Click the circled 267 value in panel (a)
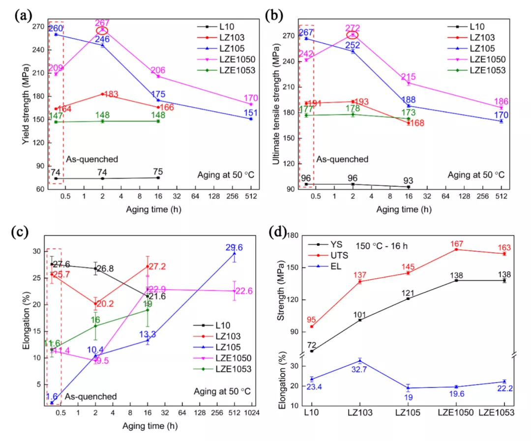click(x=103, y=23)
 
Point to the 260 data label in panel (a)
click(x=55, y=29)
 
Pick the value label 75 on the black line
click(x=157, y=172)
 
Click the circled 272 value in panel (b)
click(x=353, y=28)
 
